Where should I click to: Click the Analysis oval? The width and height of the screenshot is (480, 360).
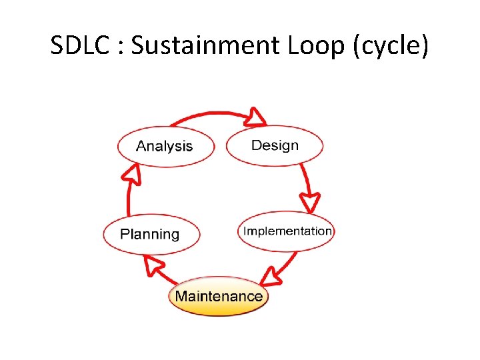click(166, 147)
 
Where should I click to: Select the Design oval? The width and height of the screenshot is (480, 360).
click(275, 145)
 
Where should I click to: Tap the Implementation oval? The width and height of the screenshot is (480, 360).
click(287, 231)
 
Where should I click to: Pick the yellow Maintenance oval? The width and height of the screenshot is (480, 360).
click(218, 296)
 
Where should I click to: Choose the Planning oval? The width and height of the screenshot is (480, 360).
click(151, 235)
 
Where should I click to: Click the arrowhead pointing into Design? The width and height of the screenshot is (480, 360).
click(255, 117)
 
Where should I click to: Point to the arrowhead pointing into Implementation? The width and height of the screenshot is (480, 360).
click(310, 201)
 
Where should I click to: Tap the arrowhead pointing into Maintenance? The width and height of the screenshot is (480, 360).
click(270, 275)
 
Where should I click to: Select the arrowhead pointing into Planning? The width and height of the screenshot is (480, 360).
click(155, 267)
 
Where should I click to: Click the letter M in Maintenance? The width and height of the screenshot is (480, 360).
click(180, 295)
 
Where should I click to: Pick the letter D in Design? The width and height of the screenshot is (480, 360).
click(256, 145)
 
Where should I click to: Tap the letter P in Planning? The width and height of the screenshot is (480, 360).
click(125, 234)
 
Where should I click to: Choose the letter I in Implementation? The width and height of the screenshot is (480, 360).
click(245, 231)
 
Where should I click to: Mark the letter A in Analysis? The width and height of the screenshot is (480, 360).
click(141, 146)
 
